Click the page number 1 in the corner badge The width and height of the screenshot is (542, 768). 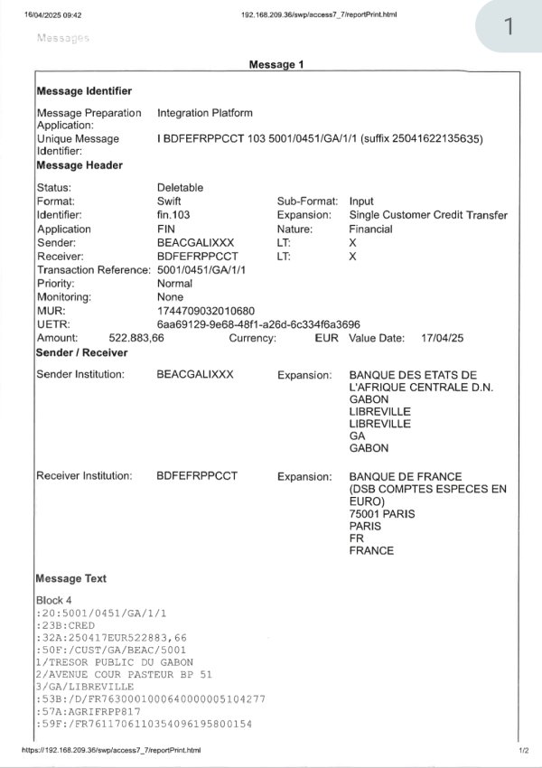click(x=509, y=27)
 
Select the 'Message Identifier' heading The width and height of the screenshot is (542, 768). click(x=84, y=91)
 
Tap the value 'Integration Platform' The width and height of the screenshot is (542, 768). click(x=205, y=113)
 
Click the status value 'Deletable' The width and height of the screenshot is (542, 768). click(x=181, y=188)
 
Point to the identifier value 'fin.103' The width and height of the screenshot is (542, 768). click(x=175, y=215)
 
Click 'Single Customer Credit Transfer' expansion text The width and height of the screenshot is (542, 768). click(x=428, y=215)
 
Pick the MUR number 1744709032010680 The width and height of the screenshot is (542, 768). click(x=206, y=311)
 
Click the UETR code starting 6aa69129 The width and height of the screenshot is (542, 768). click(x=258, y=324)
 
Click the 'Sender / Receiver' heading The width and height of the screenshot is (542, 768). click(x=81, y=351)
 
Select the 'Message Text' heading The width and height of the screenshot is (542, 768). click(x=70, y=578)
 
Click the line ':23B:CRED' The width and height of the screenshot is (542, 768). click(x=66, y=625)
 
